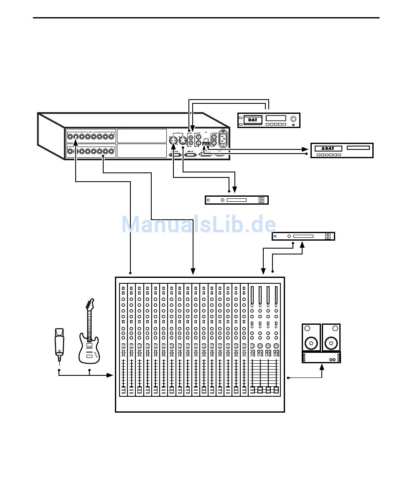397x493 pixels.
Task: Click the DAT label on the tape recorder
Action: [x=252, y=120]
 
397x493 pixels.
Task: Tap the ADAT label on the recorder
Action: [x=328, y=149]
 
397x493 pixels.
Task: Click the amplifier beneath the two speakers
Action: [x=321, y=357]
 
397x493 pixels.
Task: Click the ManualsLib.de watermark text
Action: [x=198, y=225]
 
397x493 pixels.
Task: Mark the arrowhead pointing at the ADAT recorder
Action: [x=305, y=149]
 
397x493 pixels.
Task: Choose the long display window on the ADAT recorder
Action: [x=358, y=148]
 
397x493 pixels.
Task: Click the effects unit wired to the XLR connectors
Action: [x=236, y=200]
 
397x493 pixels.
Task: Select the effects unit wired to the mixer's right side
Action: [x=303, y=236]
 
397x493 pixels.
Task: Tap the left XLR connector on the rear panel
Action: [x=173, y=140]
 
